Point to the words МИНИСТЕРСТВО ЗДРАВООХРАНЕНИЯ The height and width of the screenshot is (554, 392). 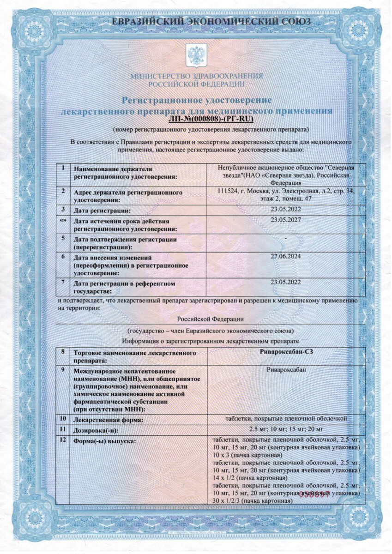click(x=196, y=76)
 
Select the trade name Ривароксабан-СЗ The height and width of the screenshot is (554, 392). click(x=287, y=352)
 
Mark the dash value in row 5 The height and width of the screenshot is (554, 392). click(x=286, y=238)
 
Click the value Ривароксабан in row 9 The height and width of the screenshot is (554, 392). click(x=286, y=369)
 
